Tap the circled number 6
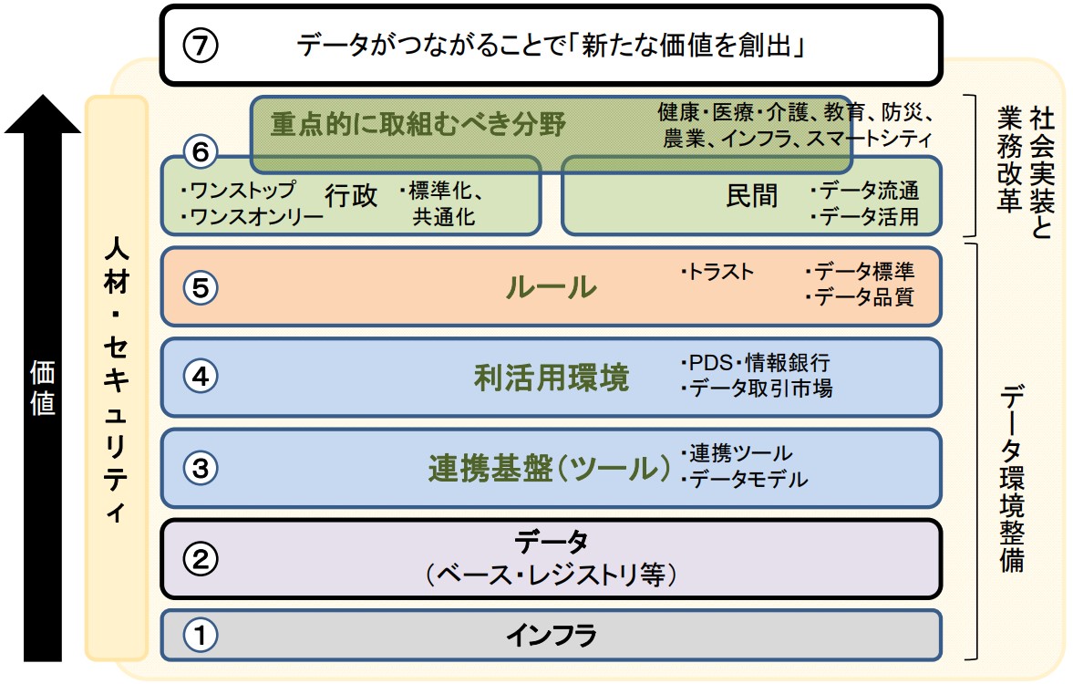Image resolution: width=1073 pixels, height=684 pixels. pyautogui.click(x=201, y=152)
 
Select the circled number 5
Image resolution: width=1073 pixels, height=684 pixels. pyautogui.click(x=201, y=288)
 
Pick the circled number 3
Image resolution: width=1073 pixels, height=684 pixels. pyautogui.click(x=201, y=468)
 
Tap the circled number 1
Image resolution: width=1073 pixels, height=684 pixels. pyautogui.click(x=201, y=635)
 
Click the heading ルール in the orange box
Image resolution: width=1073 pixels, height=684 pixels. pyautogui.click(x=551, y=288)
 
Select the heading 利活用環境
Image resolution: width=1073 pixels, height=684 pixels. pyautogui.click(x=551, y=378)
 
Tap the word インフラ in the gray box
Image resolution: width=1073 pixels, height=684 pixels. pyautogui.click(x=551, y=635)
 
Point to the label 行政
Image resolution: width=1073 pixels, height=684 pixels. pyautogui.click(x=351, y=196)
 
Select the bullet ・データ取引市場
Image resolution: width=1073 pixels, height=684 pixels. pyautogui.click(x=756, y=389)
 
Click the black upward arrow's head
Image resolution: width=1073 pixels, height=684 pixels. pyautogui.click(x=42, y=114)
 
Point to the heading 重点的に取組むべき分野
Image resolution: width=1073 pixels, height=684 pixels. pyautogui.click(x=418, y=123)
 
